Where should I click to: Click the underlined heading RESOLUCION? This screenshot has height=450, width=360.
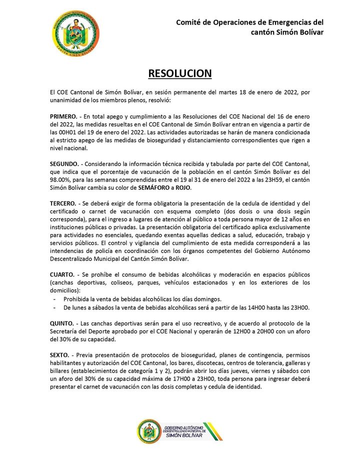point(180,73)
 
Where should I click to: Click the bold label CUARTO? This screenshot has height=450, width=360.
point(62,274)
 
